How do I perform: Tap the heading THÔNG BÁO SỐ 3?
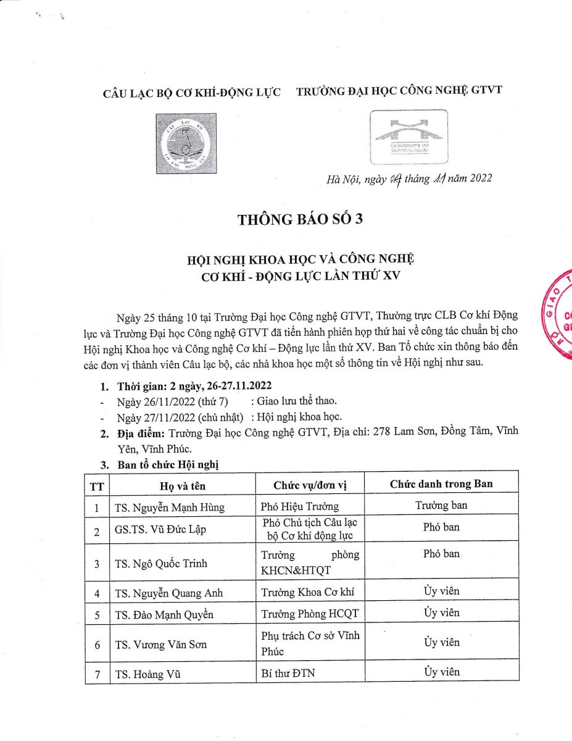[301, 220]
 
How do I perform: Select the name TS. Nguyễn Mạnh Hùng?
[169, 508]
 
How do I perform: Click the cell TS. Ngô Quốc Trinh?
[161, 563]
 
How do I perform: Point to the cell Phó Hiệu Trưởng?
[301, 507]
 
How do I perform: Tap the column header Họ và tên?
[181, 485]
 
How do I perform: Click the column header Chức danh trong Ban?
[441, 484]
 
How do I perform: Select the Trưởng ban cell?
[441, 506]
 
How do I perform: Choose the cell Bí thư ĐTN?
[288, 673]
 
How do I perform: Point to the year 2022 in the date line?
[480, 179]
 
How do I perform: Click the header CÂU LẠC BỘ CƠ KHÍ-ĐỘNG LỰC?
[191, 93]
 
